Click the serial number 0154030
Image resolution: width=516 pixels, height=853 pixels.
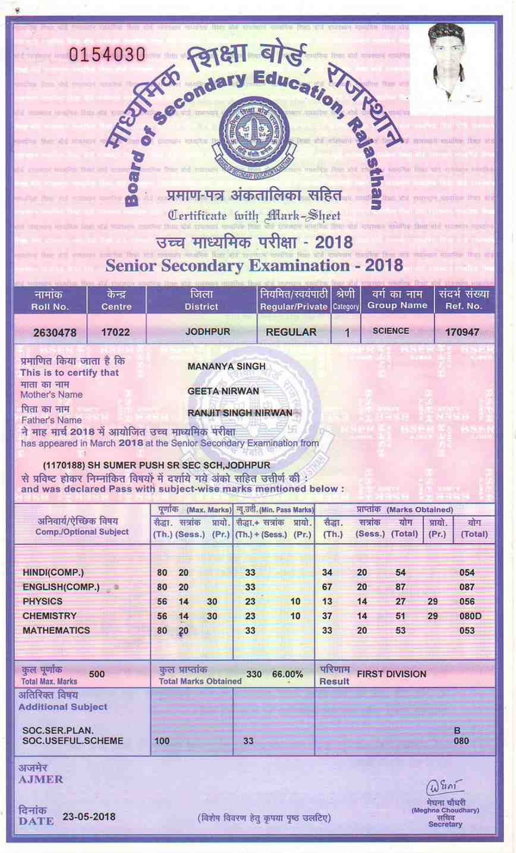(x=107, y=54)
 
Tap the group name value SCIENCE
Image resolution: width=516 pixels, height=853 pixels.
(x=391, y=331)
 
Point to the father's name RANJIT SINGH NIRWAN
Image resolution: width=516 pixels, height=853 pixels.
(x=240, y=412)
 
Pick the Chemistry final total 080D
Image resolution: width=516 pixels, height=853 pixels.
(x=470, y=616)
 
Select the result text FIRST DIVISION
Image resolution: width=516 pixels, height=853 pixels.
(x=391, y=674)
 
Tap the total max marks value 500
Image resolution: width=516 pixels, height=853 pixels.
(x=96, y=674)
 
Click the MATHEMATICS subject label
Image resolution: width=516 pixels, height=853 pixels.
(x=56, y=630)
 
